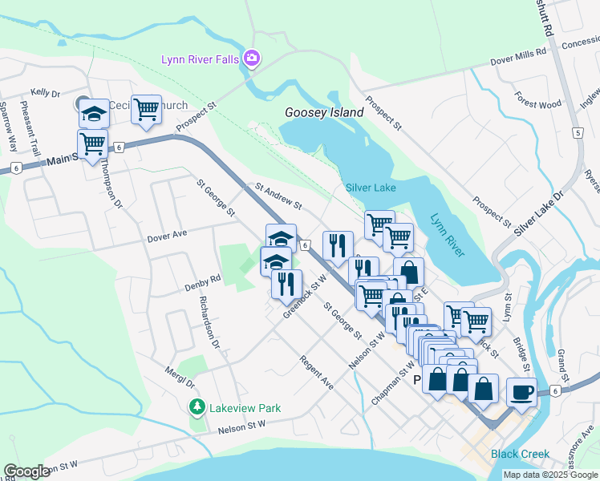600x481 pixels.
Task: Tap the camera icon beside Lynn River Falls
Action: (x=252, y=58)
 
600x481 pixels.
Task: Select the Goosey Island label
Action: (x=324, y=112)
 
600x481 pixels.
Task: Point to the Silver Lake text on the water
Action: (x=371, y=187)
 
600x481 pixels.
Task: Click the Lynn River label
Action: (x=446, y=235)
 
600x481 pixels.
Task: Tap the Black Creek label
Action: (x=520, y=454)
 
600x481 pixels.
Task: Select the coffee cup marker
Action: (x=521, y=393)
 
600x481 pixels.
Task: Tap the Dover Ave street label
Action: (x=167, y=237)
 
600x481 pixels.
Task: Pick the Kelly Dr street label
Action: (x=46, y=93)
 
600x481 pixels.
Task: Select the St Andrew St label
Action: (x=278, y=196)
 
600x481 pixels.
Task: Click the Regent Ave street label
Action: (x=316, y=368)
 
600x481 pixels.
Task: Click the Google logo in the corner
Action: (x=26, y=471)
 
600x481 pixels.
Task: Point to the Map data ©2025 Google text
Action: (x=549, y=475)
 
